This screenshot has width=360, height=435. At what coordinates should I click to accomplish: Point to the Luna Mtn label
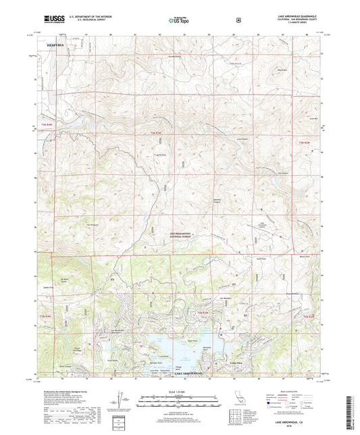click(313, 118)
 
